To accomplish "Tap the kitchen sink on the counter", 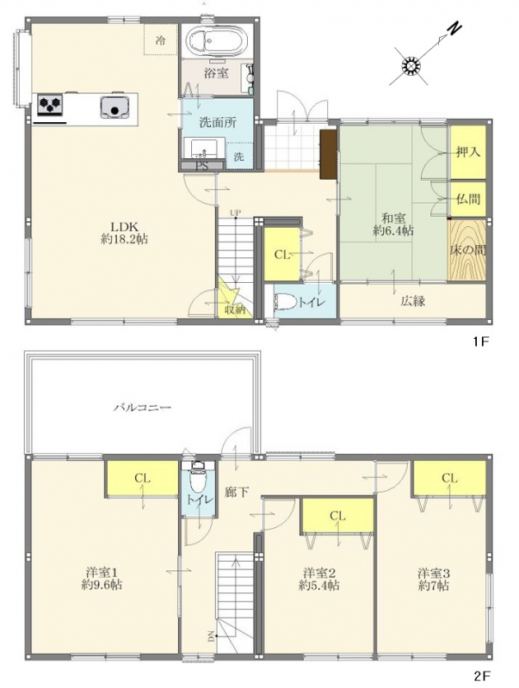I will (115, 107).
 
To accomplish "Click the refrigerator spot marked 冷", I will (160, 40).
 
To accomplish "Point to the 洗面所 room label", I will (219, 122).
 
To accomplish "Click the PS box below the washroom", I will (203, 166).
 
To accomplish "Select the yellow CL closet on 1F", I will (281, 254).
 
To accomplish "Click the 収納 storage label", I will (235, 309).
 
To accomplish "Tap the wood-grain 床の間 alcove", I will (467, 249).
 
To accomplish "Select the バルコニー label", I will (142, 408).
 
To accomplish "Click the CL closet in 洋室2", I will (337, 516).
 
